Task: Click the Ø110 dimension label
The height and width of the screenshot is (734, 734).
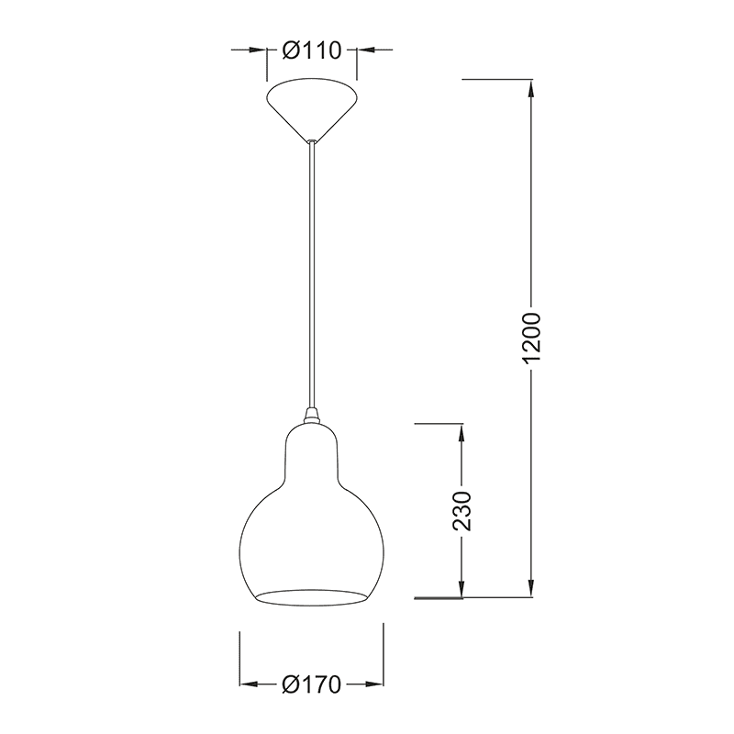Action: [312, 51]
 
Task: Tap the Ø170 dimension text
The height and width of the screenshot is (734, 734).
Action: [312, 684]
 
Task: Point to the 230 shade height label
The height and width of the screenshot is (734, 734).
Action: [462, 511]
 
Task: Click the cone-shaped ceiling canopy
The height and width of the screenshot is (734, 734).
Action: [312, 106]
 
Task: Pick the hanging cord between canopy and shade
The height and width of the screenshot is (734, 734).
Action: [312, 275]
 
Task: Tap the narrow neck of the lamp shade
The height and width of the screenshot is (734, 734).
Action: [312, 450]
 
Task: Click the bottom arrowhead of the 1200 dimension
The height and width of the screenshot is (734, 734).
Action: [532, 589]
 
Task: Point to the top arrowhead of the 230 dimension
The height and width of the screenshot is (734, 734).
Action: [462, 433]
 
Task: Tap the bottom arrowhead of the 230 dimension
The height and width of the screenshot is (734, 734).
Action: [462, 589]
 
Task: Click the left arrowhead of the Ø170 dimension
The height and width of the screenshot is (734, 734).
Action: [249, 684]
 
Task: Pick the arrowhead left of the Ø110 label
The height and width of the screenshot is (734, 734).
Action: [258, 51]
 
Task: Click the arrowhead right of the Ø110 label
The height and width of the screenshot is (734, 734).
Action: [365, 51]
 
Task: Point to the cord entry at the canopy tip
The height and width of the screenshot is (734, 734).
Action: [312, 140]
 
